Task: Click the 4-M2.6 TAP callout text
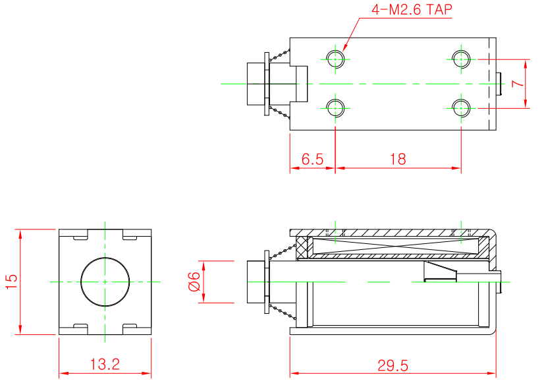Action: pyautogui.click(x=412, y=11)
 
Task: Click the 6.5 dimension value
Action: pyautogui.click(x=312, y=159)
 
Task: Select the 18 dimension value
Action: pyautogui.click(x=398, y=159)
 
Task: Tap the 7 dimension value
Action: pyautogui.click(x=517, y=84)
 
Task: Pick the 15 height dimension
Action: pyautogui.click(x=11, y=282)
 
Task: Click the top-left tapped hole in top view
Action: pyautogui.click(x=336, y=59)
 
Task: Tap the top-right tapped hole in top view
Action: pyautogui.click(x=461, y=59)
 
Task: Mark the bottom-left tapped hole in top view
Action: pyautogui.click(x=336, y=107)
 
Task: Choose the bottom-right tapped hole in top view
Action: pyautogui.click(x=461, y=107)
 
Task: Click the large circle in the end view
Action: pyautogui.click(x=105, y=282)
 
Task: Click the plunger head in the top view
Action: pyautogui.click(x=256, y=84)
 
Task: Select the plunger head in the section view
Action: pyautogui.click(x=256, y=282)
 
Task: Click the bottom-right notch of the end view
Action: pyautogui.click(x=130, y=328)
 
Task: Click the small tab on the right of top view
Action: pyautogui.click(x=500, y=84)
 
